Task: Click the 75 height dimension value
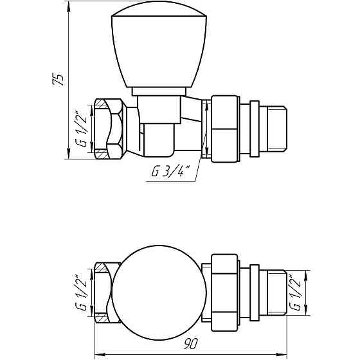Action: click(58, 80)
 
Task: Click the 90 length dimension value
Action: click(190, 343)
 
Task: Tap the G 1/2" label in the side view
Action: click(81, 129)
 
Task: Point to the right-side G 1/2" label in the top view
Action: click(295, 292)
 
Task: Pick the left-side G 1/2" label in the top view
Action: click(81, 292)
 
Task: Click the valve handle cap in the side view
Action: click(159, 44)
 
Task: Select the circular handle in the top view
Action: click(159, 293)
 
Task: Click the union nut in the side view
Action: click(224, 129)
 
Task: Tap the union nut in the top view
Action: click(224, 292)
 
